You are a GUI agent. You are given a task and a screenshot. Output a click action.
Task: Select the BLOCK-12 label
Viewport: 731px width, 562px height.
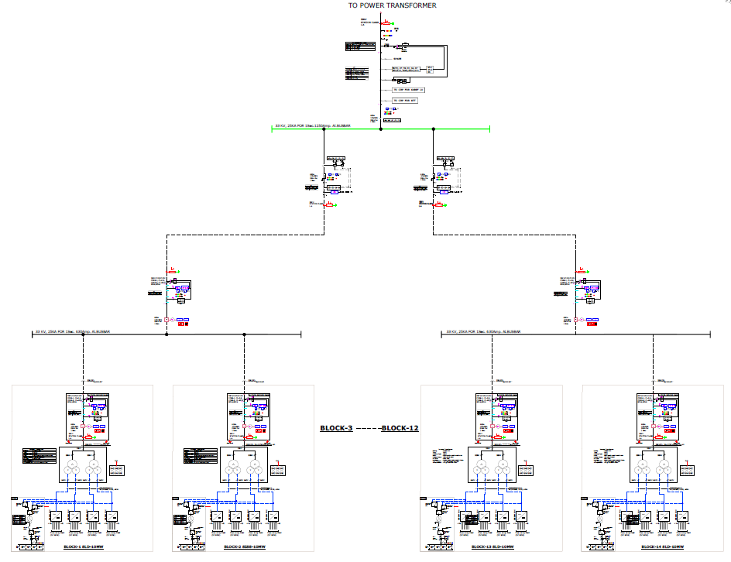point(400,428)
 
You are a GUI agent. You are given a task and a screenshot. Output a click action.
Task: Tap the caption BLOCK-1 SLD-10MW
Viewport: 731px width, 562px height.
point(87,547)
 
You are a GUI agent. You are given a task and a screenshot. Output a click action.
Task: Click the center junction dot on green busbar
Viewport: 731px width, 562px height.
point(380,129)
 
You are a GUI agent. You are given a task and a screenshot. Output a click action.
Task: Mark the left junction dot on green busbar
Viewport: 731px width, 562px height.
point(324,129)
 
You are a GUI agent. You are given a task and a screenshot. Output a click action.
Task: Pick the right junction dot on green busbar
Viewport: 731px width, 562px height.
point(434,129)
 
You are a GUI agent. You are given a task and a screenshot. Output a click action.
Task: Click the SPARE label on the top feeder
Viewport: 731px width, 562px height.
point(397,59)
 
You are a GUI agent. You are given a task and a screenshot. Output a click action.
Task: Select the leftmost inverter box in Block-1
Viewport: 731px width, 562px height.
point(56,516)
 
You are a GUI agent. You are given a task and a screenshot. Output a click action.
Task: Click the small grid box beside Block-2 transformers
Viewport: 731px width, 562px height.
point(278,469)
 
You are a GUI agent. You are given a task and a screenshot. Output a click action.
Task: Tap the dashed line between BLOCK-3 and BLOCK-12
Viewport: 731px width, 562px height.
point(367,428)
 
